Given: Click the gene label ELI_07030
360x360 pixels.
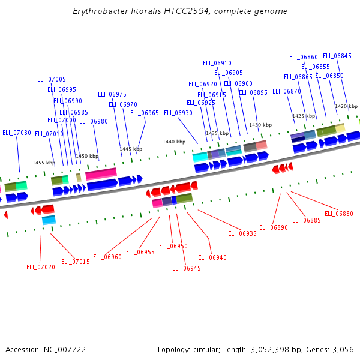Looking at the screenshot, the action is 17,133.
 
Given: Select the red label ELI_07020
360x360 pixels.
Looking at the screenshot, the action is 41,267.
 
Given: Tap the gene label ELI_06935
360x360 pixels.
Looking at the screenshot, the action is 242,233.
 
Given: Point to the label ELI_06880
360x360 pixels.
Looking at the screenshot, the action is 339,214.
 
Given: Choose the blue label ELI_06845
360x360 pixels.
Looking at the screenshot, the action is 337,56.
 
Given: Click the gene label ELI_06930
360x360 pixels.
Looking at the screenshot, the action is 178,113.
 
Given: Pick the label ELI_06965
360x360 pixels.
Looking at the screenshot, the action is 145,113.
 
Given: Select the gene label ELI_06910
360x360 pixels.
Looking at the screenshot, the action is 217,63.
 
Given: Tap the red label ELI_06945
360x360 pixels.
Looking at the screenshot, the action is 187,268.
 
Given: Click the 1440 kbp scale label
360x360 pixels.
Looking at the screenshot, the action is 174,142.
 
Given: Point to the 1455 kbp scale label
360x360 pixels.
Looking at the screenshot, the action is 44,163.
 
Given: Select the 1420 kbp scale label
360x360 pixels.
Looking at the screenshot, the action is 346,106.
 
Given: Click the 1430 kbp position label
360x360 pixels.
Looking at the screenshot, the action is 260,125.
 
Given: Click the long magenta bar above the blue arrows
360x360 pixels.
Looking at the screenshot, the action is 101,175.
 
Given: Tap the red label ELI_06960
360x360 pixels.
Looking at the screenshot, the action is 107,257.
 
